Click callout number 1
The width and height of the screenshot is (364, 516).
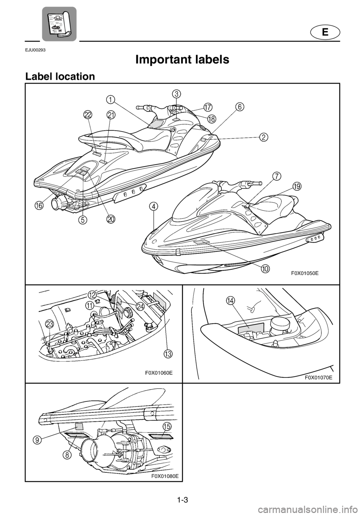coord(111,99)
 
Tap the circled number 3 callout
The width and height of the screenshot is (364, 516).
coord(176,94)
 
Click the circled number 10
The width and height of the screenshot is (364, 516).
coord(265,268)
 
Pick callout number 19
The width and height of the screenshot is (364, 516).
coord(297,186)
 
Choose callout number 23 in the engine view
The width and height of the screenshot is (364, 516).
coord(50,324)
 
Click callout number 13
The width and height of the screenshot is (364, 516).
coord(168,354)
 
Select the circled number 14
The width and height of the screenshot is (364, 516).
coord(230,300)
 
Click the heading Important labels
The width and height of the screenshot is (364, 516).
coord(182,60)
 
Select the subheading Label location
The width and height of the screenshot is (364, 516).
coord(60,77)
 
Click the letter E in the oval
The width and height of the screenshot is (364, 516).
coord(325,33)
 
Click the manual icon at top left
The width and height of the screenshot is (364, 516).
coord(59,24)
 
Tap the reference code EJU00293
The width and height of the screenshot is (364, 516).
coord(35,50)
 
